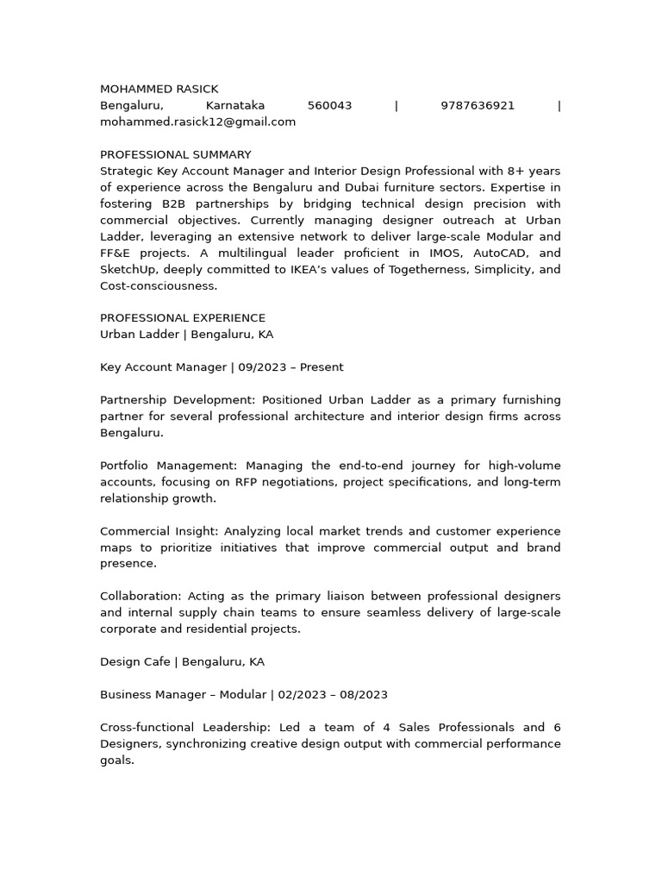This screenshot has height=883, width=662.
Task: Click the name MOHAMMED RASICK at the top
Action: click(x=159, y=89)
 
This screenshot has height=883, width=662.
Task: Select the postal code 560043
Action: click(x=329, y=105)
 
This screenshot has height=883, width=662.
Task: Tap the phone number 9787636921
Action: click(x=477, y=105)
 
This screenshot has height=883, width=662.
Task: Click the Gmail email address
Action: click(x=197, y=122)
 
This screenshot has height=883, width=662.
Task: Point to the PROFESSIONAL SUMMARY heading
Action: click(x=175, y=154)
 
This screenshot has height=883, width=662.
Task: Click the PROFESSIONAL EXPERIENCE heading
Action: click(x=183, y=317)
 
